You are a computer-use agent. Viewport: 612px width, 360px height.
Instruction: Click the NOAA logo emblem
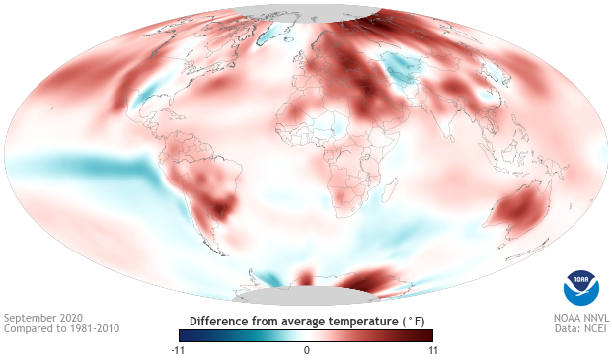tap(580, 286)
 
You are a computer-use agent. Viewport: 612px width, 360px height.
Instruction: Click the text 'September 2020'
tap(42, 318)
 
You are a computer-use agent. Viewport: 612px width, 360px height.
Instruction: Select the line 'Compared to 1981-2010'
tap(61, 328)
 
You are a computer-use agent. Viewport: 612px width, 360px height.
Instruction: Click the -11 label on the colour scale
tap(178, 349)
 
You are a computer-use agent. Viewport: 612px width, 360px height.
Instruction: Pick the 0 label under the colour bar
tap(306, 349)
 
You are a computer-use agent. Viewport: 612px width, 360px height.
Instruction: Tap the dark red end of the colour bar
tap(426, 335)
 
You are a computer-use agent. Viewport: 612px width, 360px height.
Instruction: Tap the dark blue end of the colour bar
tap(186, 335)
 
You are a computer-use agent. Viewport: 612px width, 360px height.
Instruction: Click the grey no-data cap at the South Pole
tap(305, 296)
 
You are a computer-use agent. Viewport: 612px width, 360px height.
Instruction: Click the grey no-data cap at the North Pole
tap(306, 11)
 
